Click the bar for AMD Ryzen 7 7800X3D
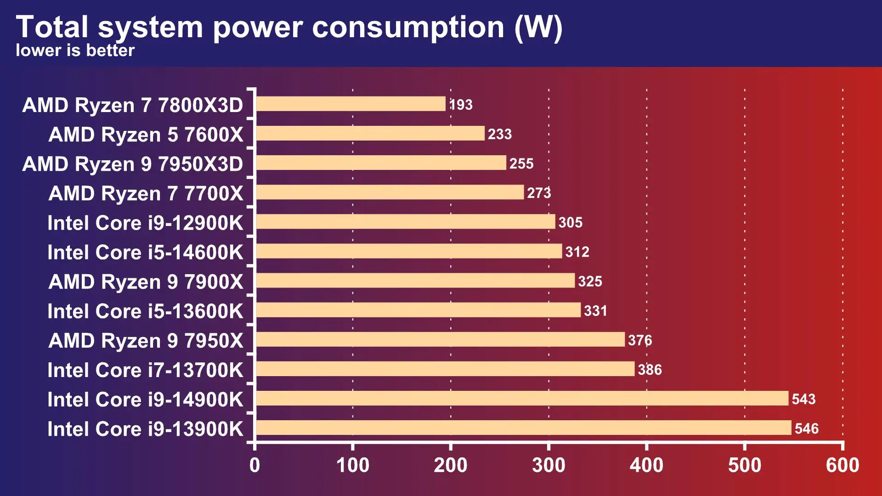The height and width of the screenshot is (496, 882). pyautogui.click(x=351, y=104)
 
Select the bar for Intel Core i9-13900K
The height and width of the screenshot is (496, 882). pyautogui.click(x=524, y=428)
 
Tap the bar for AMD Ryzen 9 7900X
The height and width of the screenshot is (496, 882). pyautogui.click(x=415, y=281)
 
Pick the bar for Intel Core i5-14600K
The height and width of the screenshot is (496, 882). pyautogui.click(x=409, y=251)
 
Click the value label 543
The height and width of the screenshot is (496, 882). pyautogui.click(x=803, y=399)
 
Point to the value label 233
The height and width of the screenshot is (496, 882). pyautogui.click(x=499, y=134)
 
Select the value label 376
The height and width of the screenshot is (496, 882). pyautogui.click(x=640, y=340)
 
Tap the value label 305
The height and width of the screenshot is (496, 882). pyautogui.click(x=570, y=222)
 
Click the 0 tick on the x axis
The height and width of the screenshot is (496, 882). pyautogui.click(x=254, y=465)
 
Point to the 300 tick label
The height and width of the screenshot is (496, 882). pyautogui.click(x=548, y=465)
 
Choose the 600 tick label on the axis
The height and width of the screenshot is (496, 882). pyautogui.click(x=842, y=465)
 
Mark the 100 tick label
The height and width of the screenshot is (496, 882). pyautogui.click(x=352, y=465)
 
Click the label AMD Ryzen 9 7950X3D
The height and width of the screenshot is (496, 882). pyautogui.click(x=132, y=164)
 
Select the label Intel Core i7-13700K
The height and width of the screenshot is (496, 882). pyautogui.click(x=145, y=370)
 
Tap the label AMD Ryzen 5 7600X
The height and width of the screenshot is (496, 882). pyautogui.click(x=146, y=135)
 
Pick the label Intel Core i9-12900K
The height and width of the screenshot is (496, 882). pyautogui.click(x=145, y=223)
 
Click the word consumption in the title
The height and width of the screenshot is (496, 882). pyautogui.click(x=408, y=28)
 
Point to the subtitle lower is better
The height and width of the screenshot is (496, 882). pyautogui.click(x=75, y=50)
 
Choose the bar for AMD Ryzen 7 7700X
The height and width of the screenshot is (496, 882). pyautogui.click(x=390, y=192)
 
